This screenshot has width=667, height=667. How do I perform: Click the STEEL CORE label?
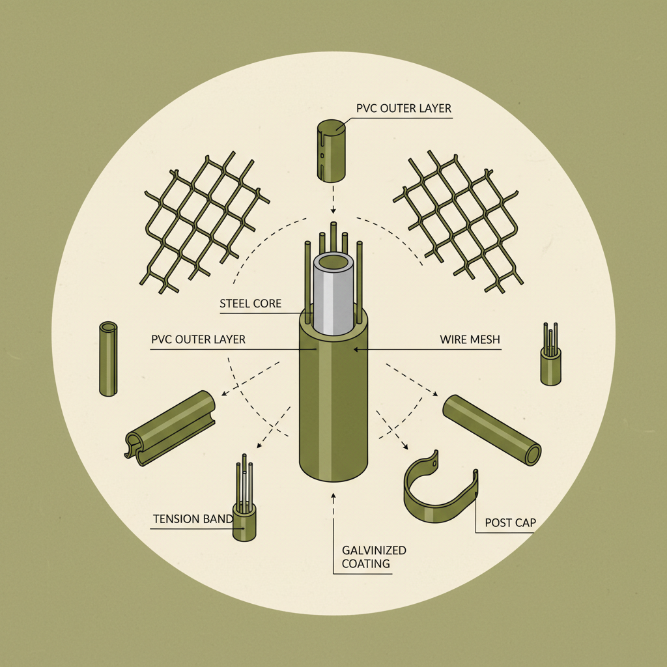coord(251,304)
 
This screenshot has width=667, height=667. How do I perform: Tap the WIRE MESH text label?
coord(470,339)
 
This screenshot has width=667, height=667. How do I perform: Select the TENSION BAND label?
coord(193,519)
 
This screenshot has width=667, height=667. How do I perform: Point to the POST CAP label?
coord(511,523)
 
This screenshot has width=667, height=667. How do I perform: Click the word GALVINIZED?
coord(374,550)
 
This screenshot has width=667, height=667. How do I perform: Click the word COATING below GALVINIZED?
coord(366,563)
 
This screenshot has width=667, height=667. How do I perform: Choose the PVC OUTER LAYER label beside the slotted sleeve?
coord(404,109)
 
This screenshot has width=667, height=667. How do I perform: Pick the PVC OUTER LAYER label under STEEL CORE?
coord(198,339)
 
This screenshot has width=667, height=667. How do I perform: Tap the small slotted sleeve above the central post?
coord(332,150)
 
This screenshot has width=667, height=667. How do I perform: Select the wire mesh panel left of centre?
coord(204,222)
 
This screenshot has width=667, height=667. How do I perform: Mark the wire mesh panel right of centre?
coord(458,221)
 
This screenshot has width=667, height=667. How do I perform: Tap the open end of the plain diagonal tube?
coord(533,455)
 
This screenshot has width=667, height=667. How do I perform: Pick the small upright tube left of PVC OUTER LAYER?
coord(108,359)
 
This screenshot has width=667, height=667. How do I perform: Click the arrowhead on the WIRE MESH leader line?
coord(356,350)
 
